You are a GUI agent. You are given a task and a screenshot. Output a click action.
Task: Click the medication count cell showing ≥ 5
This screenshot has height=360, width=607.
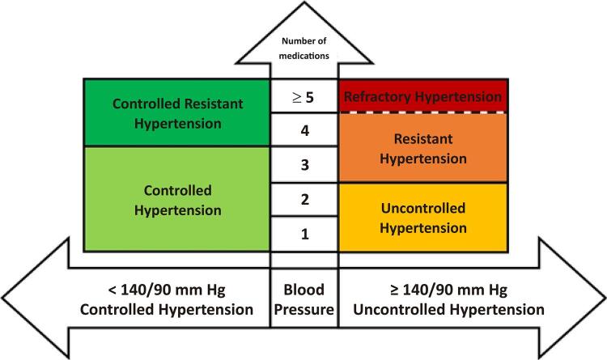click(x=303, y=96)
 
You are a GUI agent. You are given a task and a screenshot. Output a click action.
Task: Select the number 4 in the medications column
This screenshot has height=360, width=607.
click(x=304, y=129)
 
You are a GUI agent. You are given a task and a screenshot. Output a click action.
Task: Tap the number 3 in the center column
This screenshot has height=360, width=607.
click(x=304, y=164)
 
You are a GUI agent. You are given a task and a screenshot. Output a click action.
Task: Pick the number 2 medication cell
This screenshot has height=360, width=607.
click(x=304, y=199)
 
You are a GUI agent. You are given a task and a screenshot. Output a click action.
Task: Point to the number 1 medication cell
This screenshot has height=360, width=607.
click(x=304, y=234)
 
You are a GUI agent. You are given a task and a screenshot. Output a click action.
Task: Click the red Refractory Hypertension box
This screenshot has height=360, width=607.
click(x=423, y=95)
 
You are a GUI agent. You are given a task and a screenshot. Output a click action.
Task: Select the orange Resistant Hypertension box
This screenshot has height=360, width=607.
click(x=423, y=147)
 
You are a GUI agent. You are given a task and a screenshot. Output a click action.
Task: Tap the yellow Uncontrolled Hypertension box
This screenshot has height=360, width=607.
click(x=423, y=218)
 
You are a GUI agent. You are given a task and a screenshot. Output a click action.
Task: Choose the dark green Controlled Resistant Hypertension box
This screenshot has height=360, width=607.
click(x=177, y=112)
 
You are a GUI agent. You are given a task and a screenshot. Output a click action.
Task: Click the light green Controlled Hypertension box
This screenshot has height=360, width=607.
click(x=177, y=199)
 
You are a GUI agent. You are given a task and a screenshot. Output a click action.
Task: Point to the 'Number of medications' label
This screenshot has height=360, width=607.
click(x=303, y=49)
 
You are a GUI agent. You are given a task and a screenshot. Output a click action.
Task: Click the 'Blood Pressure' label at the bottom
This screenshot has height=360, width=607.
click(x=303, y=299)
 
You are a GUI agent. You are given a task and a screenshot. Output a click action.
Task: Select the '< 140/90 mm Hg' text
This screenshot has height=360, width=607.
click(x=167, y=290)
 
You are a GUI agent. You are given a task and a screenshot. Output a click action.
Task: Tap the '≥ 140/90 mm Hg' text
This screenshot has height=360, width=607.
click(x=448, y=290)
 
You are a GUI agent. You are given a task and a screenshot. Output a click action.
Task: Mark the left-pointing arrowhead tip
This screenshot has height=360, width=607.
click(x=2, y=298)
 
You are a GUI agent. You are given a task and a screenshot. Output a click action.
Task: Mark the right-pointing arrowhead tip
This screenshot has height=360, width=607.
click(x=605, y=298)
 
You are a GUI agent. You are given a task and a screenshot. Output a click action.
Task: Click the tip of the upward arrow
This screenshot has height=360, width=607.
click(x=304, y=2)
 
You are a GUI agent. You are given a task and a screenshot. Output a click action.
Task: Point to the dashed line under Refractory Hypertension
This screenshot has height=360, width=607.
click(x=423, y=112)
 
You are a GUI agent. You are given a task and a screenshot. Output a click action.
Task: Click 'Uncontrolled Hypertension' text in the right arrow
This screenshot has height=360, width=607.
click(x=448, y=310)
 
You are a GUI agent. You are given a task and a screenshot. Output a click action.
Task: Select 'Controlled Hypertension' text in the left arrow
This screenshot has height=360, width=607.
click(x=167, y=310)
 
